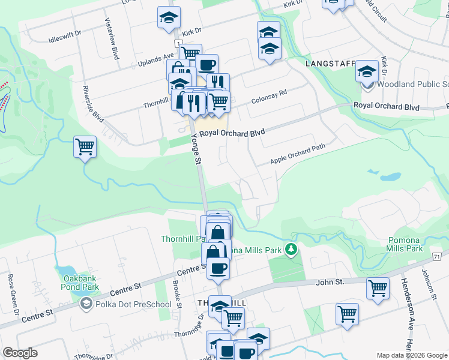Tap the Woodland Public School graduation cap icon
[x=367, y=71]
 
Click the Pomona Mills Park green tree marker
[x=291, y=248]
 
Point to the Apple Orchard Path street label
[x=297, y=154]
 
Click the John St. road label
[x=330, y=281]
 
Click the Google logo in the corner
[x=20, y=353]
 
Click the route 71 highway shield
[x=436, y=256]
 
